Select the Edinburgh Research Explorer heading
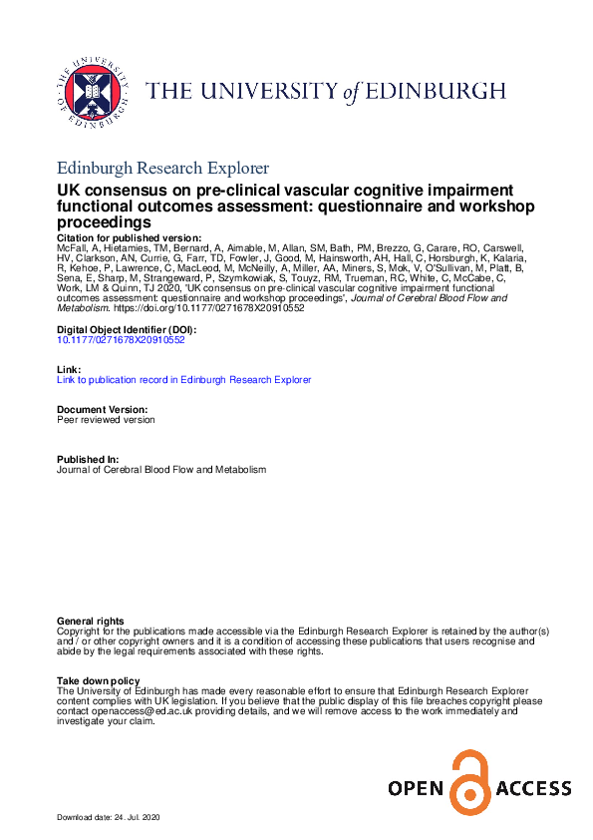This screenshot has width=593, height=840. [x=162, y=168]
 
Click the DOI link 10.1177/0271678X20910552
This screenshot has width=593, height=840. [x=121, y=339]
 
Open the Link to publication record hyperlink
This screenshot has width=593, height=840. [x=184, y=379]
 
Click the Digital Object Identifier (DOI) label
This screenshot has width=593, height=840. [x=127, y=329]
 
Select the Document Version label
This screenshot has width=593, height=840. [x=103, y=410]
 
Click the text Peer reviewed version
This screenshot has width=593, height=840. [x=107, y=420]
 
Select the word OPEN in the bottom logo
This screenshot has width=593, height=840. [x=415, y=790]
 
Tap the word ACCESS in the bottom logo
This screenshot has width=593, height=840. [x=532, y=790]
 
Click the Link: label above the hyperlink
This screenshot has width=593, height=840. [x=67, y=369]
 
